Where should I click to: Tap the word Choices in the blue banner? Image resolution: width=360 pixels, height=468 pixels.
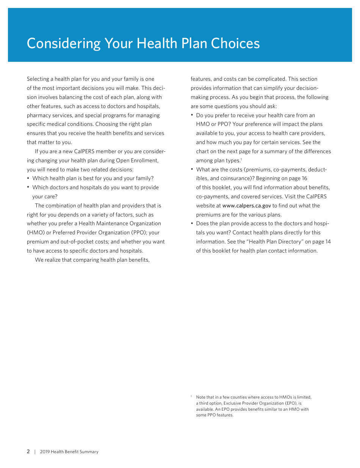(x=235, y=44)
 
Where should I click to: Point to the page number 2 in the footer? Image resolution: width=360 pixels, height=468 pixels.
(x=28, y=451)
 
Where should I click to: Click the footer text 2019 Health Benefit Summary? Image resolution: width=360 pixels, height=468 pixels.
(x=69, y=452)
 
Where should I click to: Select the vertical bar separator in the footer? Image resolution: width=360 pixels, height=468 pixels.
(x=35, y=452)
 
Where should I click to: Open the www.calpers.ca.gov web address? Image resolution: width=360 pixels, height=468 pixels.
(x=246, y=206)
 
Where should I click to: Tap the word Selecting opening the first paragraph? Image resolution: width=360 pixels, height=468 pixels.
(x=38, y=79)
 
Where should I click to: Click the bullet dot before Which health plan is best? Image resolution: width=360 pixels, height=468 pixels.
(x=28, y=178)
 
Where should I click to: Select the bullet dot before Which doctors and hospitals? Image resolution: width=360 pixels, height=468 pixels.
(x=28, y=187)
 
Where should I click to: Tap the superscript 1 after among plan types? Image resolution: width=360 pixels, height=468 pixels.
(x=241, y=159)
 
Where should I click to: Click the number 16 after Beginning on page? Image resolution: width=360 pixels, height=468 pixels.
(x=304, y=178)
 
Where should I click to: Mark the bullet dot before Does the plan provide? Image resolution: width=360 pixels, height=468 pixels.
(x=192, y=223)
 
